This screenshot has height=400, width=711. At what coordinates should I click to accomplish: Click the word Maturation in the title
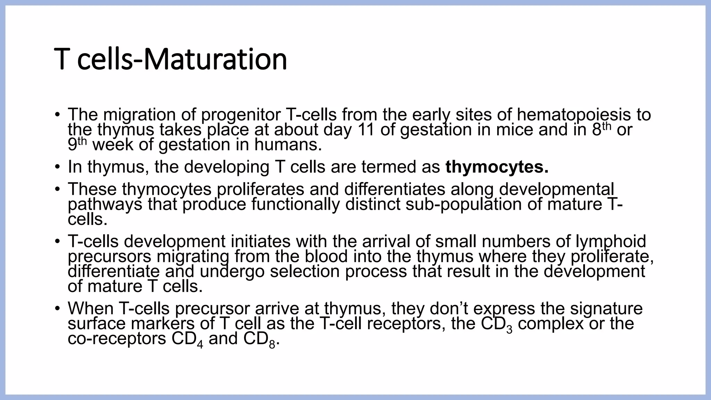(x=215, y=59)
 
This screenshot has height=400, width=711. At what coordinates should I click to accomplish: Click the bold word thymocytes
(x=497, y=167)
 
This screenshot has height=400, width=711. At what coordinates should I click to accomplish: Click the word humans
(x=288, y=145)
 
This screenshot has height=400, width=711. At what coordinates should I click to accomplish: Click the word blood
(x=326, y=257)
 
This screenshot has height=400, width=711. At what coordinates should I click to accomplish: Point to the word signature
(x=611, y=309)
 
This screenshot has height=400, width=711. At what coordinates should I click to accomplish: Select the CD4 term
(x=187, y=339)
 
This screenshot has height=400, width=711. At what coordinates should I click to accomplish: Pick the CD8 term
(x=259, y=339)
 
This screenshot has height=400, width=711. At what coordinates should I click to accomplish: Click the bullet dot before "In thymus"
(x=58, y=167)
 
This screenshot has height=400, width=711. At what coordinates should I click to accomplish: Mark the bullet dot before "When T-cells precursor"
(x=58, y=309)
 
